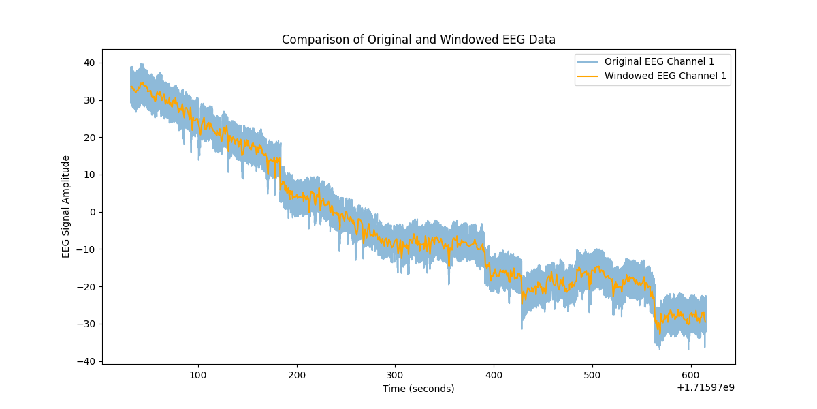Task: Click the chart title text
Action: click(418, 40)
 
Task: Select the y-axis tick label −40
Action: click(88, 361)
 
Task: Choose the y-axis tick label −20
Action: click(88, 286)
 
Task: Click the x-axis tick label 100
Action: click(198, 375)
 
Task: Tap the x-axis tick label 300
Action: click(395, 375)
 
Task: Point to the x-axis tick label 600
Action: click(690, 375)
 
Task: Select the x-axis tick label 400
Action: click(494, 375)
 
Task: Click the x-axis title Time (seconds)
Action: click(418, 389)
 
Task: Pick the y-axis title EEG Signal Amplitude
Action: click(66, 206)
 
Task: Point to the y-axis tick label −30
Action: click(88, 324)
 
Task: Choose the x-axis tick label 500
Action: click(592, 375)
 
